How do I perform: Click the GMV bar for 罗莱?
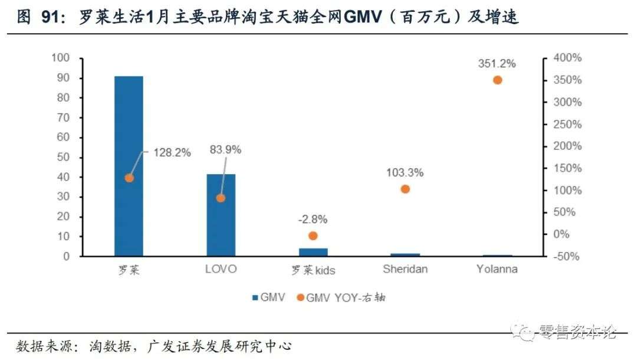pos(129,166)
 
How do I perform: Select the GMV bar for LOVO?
pos(221,215)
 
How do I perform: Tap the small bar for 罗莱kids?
pos(313,252)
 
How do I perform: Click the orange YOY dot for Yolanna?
pos(497,80)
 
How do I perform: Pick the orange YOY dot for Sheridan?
pos(405,189)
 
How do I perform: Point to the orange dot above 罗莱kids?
pos(313,235)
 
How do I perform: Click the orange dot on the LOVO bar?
pos(221,198)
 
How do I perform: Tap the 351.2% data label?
pos(497,63)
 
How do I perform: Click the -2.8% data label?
pos(313,220)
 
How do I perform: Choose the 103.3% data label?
pos(405,173)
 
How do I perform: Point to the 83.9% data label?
pos(225,150)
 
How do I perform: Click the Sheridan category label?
pos(405,270)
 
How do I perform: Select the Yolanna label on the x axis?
pos(497,270)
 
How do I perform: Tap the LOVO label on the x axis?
pos(221,270)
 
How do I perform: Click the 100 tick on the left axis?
pos(61,58)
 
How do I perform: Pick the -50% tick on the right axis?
pos(566,257)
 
